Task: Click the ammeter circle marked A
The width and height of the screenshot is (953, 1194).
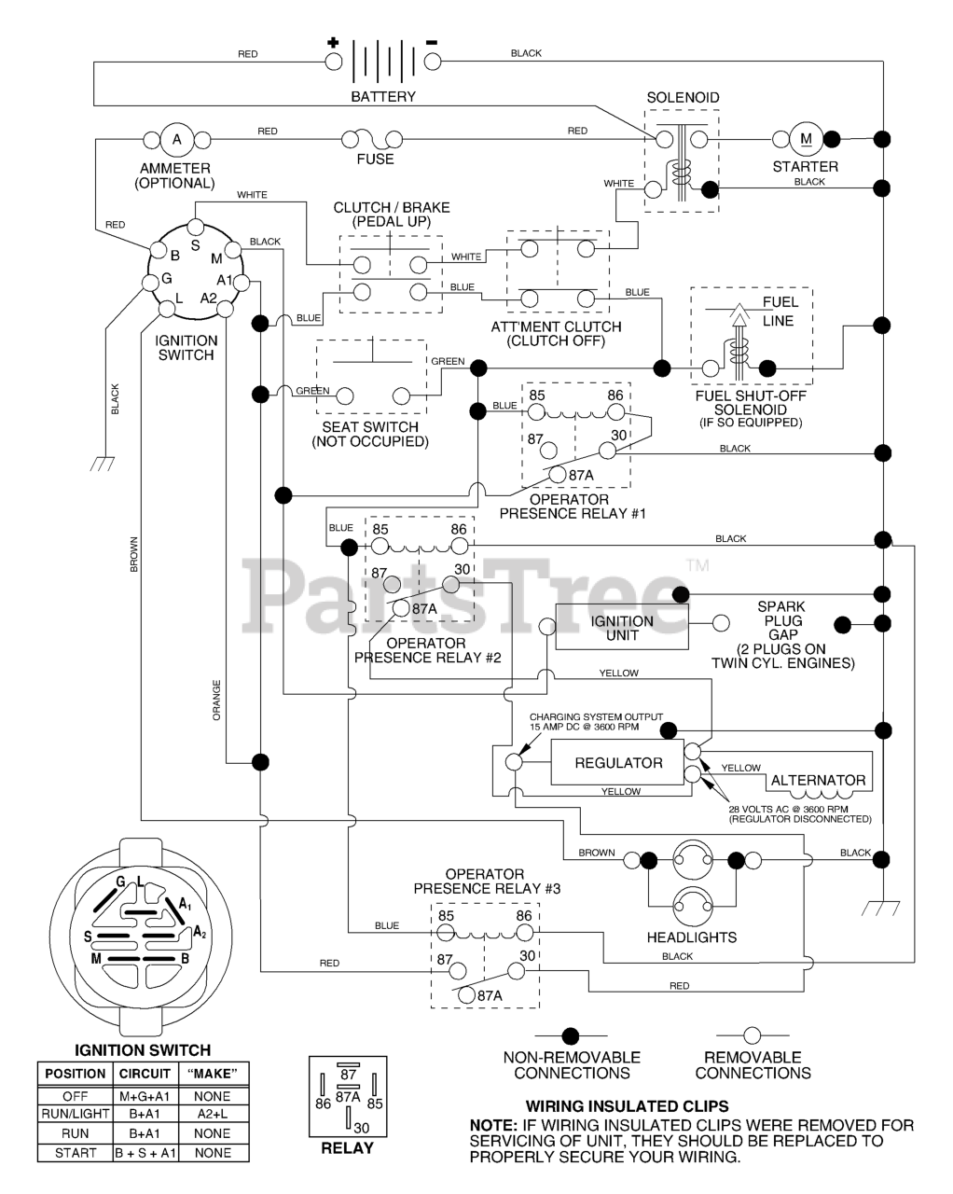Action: (x=176, y=139)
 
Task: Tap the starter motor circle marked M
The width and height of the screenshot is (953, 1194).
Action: (x=806, y=139)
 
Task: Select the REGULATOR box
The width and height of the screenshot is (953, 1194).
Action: (x=617, y=763)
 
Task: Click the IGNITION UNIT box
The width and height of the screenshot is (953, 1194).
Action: (x=622, y=627)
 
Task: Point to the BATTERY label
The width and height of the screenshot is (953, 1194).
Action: (x=383, y=96)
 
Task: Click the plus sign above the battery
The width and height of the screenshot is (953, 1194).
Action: (x=333, y=42)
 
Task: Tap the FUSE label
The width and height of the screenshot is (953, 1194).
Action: (x=375, y=160)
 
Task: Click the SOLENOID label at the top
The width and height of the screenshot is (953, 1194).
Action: (x=683, y=98)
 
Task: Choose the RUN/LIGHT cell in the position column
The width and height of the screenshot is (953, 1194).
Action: (x=76, y=1114)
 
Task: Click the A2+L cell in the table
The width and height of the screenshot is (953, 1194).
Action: (x=213, y=1114)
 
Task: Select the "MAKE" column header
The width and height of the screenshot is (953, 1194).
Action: (x=213, y=1074)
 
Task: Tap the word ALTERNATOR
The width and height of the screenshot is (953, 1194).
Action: (x=818, y=780)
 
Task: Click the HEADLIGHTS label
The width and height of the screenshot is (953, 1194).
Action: (x=692, y=937)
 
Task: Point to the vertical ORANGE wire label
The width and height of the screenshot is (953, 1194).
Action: (x=216, y=701)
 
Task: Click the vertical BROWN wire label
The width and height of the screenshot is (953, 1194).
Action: (x=133, y=554)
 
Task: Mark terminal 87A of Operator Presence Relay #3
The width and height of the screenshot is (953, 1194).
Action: (x=467, y=995)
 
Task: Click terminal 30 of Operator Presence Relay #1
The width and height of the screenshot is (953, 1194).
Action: (x=607, y=451)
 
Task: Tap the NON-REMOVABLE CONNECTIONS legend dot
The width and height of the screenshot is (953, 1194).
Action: (x=571, y=1035)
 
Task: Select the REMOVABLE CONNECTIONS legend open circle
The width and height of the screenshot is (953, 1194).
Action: (x=753, y=1035)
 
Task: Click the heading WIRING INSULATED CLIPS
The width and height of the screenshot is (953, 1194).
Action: (x=627, y=1106)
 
